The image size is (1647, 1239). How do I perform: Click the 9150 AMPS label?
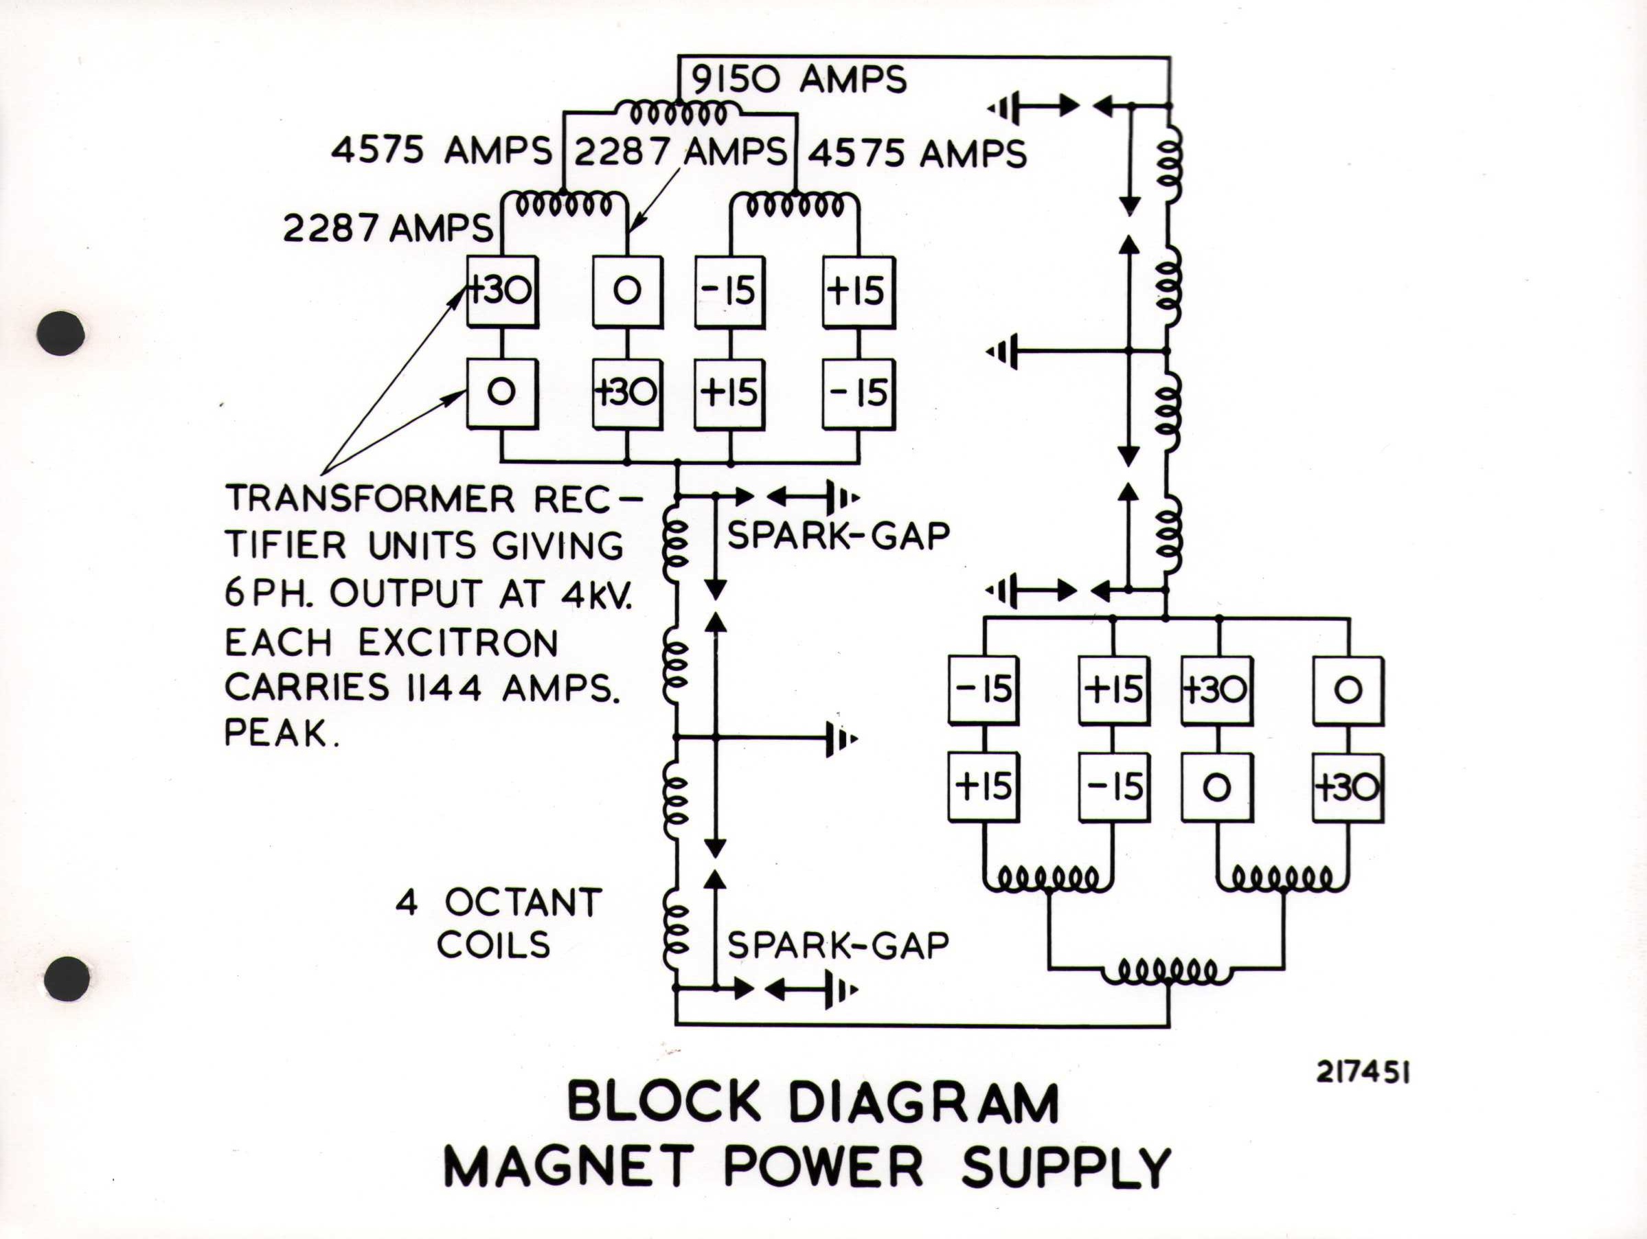(x=799, y=80)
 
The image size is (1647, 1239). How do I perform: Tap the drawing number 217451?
(x=1363, y=1073)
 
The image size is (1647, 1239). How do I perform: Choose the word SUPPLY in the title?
(x=1066, y=1168)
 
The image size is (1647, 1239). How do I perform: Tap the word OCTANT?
(x=523, y=903)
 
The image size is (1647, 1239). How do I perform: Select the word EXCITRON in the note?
(x=459, y=644)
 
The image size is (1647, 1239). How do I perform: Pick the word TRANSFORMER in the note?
(x=371, y=499)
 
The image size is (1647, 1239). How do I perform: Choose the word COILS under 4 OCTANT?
(x=493, y=945)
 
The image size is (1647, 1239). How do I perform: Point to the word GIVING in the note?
(x=558, y=547)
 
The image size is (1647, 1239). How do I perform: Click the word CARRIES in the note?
(x=308, y=688)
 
